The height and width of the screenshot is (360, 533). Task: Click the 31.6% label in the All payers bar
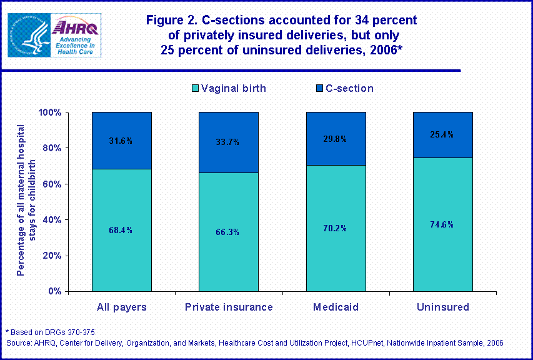[122, 141]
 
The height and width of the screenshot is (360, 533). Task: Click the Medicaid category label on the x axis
[335, 307]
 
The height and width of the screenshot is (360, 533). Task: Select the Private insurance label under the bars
[229, 307]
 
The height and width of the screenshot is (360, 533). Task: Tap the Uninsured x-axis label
[442, 307]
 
